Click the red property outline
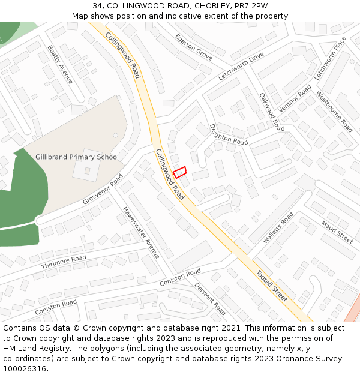[x=180, y=172]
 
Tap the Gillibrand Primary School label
[x=77, y=157]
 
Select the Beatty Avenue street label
[x=60, y=64]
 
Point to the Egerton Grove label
[x=193, y=47]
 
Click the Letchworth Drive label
[x=241, y=66]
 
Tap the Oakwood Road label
[x=272, y=112]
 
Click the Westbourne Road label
[x=334, y=112]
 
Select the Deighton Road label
[x=228, y=134]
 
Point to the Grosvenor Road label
[x=103, y=190]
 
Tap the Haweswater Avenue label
[x=142, y=233]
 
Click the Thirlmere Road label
[x=64, y=262]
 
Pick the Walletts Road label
[x=278, y=227]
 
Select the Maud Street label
[x=337, y=232]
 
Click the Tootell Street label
[x=272, y=286]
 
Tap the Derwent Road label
[x=210, y=299]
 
